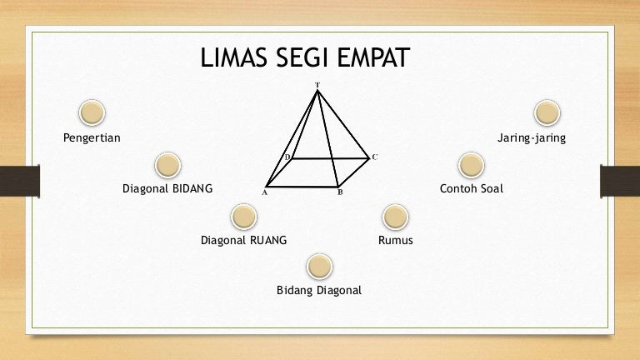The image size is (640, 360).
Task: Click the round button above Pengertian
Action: pos(92,112)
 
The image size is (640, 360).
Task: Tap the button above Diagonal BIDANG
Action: pos(167,165)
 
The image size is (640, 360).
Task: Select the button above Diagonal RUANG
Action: pos(243,217)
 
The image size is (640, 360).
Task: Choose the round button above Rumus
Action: pos(396,217)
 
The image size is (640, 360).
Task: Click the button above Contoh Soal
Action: pos(472,165)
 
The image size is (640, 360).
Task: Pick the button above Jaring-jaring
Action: pos(547,112)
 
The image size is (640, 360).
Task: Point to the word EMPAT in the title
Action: pos(373,57)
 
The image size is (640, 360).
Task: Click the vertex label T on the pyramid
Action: pos(317,85)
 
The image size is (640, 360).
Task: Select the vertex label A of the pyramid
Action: pos(264,192)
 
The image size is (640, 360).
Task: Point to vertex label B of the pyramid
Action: pos(340,192)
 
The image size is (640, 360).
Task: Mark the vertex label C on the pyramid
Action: pos(375,157)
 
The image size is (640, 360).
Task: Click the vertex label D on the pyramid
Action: pos(287,157)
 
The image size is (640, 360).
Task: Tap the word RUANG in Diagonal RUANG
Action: pos(268,240)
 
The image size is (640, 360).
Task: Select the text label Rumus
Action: pos(396,240)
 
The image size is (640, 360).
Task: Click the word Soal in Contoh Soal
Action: pos(492,188)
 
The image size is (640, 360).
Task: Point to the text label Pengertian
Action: pos(92,138)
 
